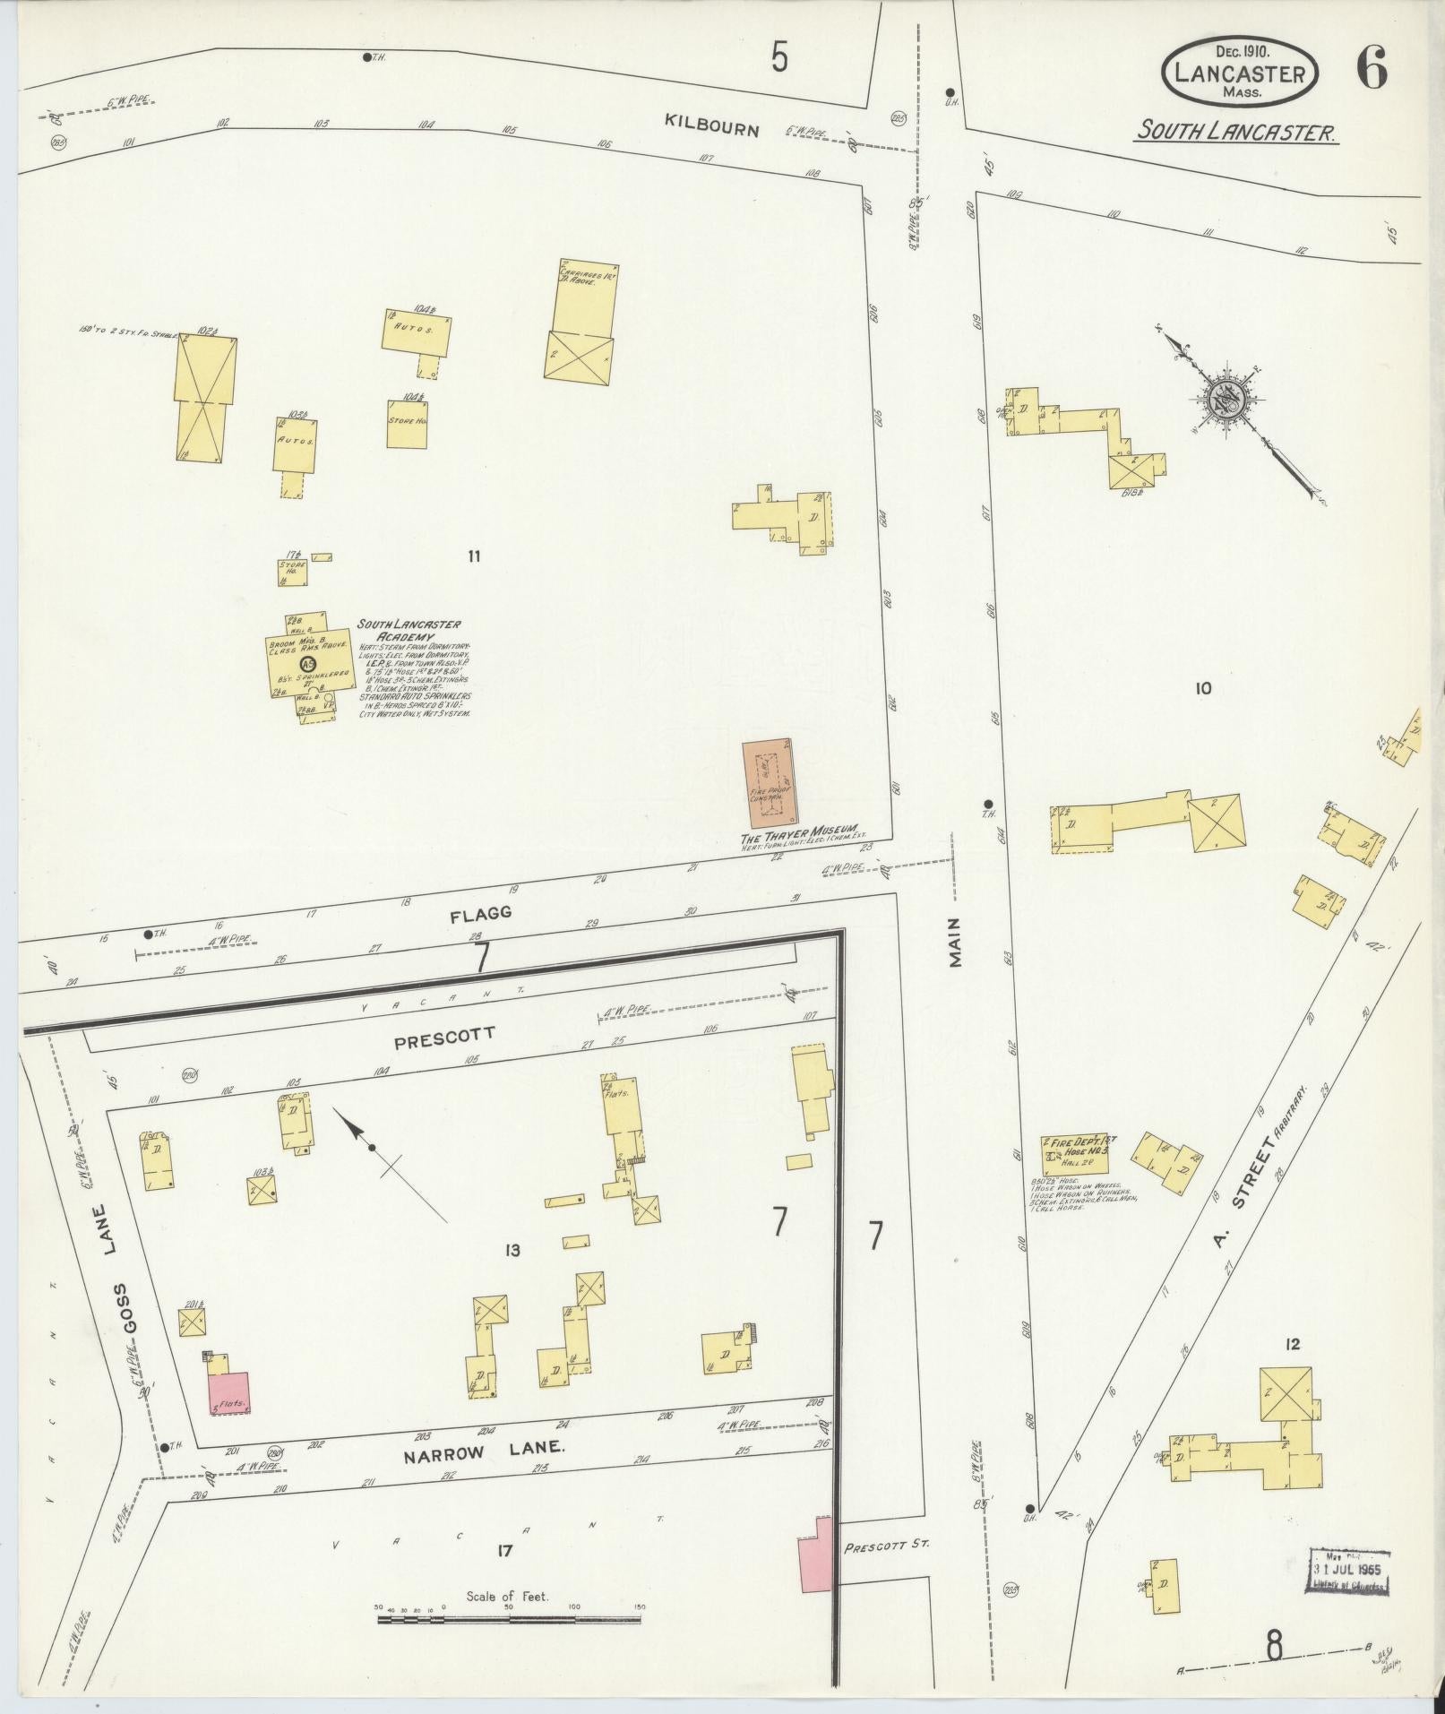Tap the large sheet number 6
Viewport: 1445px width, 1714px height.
[x=1372, y=67]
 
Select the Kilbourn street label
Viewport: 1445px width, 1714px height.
[x=711, y=128]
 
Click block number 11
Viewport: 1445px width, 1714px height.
[x=474, y=556]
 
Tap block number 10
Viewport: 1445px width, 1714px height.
[x=1202, y=688]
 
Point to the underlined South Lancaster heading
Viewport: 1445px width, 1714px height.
[x=1236, y=133]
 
